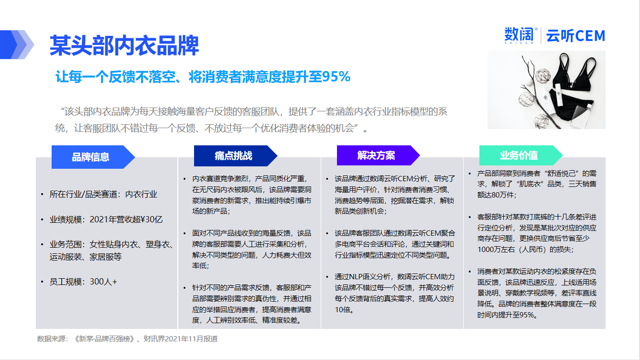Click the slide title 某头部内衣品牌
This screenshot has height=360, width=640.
124,45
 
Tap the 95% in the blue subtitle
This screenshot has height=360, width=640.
336,76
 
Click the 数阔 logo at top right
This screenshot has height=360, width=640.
519,36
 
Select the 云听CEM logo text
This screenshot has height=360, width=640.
575,36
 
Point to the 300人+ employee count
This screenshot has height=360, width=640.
103,282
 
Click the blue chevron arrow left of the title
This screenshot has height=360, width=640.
17,44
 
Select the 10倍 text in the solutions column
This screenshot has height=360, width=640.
344,310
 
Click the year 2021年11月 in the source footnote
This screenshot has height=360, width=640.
184,339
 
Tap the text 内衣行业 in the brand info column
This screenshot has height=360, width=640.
141,194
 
